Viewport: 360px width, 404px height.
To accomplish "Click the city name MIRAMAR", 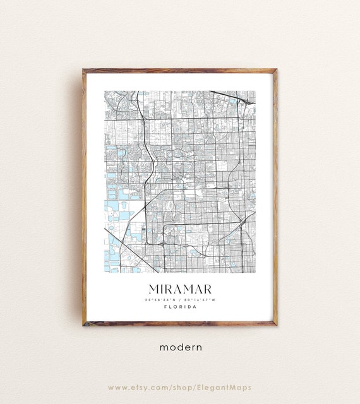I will click(x=180, y=288).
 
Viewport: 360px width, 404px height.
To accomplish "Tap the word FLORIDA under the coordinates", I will click(x=180, y=307).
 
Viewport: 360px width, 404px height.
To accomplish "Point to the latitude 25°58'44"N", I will click(x=161, y=299).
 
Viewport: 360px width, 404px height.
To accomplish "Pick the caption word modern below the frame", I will click(x=180, y=347).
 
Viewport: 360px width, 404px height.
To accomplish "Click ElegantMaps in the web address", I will click(x=227, y=387).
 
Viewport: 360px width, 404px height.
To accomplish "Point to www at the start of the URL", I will click(x=117, y=387).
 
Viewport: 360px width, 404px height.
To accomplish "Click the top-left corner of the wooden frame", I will click(x=83, y=70).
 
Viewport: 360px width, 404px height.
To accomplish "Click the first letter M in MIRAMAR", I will click(x=153, y=288).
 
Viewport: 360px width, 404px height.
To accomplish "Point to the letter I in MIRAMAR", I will click(x=162, y=288).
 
